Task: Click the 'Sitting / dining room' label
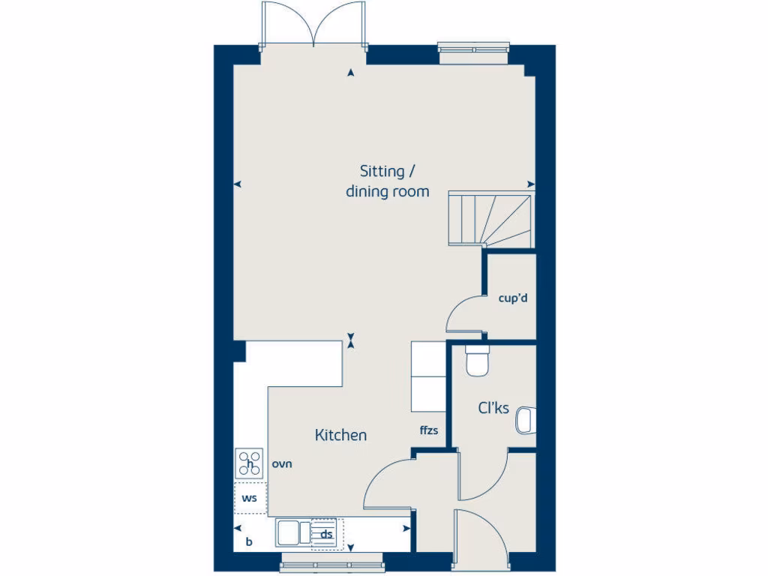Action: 387,181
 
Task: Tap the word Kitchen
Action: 340,435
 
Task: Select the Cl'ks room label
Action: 493,409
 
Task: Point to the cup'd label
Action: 514,298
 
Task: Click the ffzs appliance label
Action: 429,430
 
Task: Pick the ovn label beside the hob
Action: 282,463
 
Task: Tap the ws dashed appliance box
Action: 250,498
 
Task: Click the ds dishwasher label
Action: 326,535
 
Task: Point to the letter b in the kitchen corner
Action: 248,541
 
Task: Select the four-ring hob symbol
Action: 250,462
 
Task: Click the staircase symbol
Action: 490,219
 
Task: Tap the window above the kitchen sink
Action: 330,563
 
